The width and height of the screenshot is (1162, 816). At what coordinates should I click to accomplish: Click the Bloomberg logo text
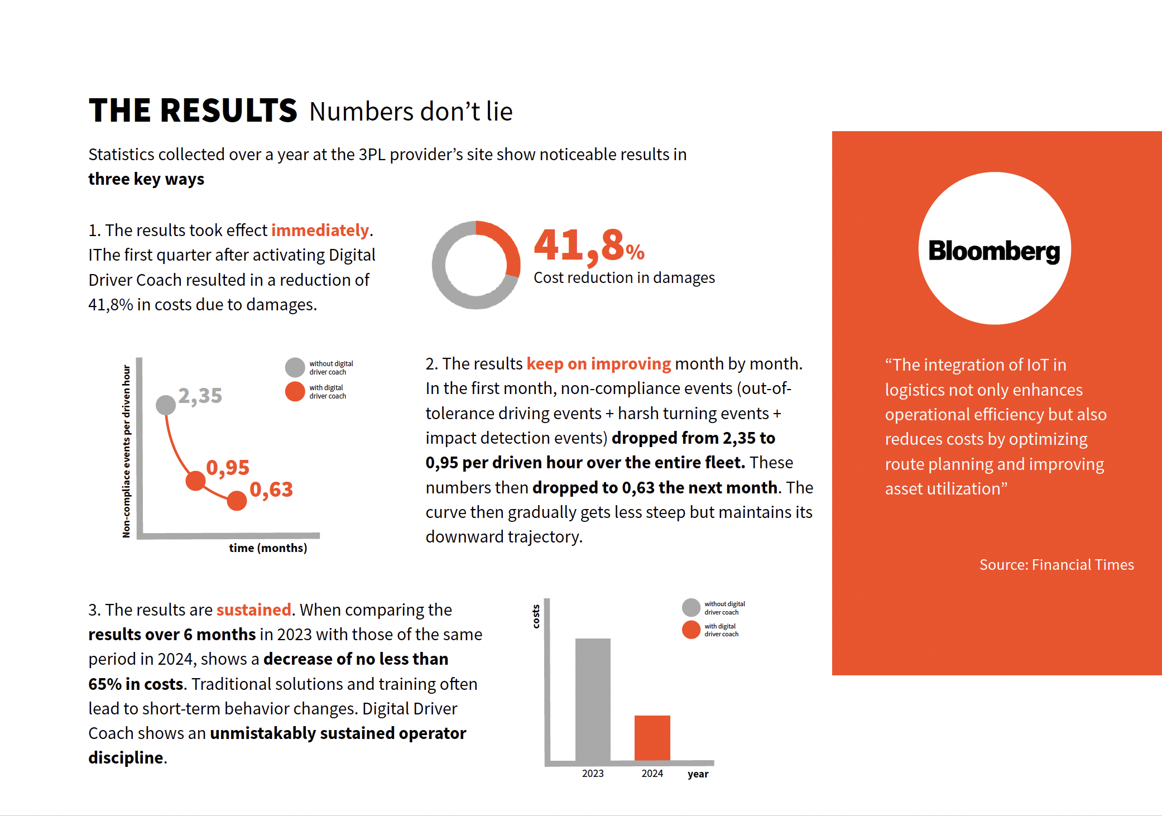click(994, 251)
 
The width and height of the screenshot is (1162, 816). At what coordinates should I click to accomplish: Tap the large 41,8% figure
click(589, 245)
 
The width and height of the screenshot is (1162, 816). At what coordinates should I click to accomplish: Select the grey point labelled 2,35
click(166, 405)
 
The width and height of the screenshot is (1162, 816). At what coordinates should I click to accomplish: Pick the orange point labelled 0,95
click(195, 481)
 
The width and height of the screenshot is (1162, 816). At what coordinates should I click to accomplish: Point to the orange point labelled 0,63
click(237, 501)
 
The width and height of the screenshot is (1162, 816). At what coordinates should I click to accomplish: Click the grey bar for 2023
click(593, 699)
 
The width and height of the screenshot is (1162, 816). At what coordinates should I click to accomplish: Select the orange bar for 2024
click(652, 738)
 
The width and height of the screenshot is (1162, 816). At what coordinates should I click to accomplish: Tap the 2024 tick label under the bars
click(652, 774)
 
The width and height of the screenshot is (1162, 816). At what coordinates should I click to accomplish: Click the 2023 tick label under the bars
click(593, 774)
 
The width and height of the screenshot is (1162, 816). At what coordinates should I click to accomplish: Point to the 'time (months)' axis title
click(268, 548)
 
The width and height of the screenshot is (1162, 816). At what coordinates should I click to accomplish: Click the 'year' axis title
click(698, 774)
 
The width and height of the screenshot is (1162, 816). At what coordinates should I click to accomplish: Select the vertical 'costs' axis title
click(536, 616)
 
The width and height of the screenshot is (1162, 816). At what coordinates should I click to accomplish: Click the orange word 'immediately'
click(320, 231)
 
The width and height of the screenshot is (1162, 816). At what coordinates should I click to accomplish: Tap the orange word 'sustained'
click(254, 609)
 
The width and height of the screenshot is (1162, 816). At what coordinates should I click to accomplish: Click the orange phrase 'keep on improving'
click(599, 364)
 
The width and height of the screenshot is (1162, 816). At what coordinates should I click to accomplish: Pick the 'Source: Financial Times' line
click(1057, 565)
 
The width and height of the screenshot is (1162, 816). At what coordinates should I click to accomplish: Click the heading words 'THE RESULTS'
click(193, 110)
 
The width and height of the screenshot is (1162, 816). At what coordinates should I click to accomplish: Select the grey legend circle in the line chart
click(295, 367)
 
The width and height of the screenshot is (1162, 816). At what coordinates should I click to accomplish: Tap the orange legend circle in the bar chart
click(691, 630)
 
